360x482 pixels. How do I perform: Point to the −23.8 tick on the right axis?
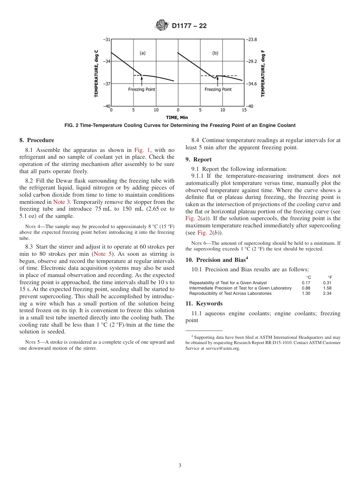pyautogui.click(x=252, y=39)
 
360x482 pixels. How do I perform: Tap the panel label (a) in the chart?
pyautogui.click(x=142, y=53)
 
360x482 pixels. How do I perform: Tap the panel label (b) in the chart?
pyautogui.click(x=215, y=53)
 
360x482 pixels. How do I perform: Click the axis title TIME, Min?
pyautogui.click(x=177, y=117)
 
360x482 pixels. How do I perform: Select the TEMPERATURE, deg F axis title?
pyautogui.click(x=263, y=73)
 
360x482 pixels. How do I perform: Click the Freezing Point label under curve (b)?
pyautogui.click(x=218, y=89)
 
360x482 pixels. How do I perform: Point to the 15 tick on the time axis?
pyautogui.click(x=244, y=110)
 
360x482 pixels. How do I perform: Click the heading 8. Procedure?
pyautogui.click(x=37, y=140)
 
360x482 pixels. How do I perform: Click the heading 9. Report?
pyautogui.click(x=199, y=160)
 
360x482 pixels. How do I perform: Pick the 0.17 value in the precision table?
pyautogui.click(x=306, y=283)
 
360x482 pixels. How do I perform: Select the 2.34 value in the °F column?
pyautogui.click(x=327, y=293)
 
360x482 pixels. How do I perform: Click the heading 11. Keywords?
pyautogui.click(x=204, y=304)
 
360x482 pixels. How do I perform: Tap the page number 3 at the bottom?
pyautogui.click(x=180, y=466)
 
